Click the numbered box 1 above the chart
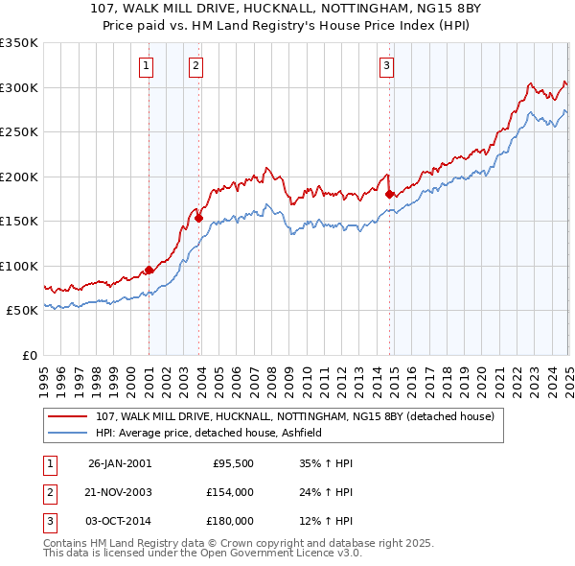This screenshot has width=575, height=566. click(146, 66)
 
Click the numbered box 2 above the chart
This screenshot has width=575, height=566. click(195, 66)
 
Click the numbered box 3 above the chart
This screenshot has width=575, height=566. click(385, 66)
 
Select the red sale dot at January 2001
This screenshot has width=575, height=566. click(149, 271)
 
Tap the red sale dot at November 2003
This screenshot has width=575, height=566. click(198, 218)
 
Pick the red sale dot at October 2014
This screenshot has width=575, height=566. click(389, 195)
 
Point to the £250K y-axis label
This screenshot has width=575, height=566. click(19, 131)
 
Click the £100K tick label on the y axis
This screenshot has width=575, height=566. click(19, 266)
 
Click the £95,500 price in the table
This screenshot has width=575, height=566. click(231, 463)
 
